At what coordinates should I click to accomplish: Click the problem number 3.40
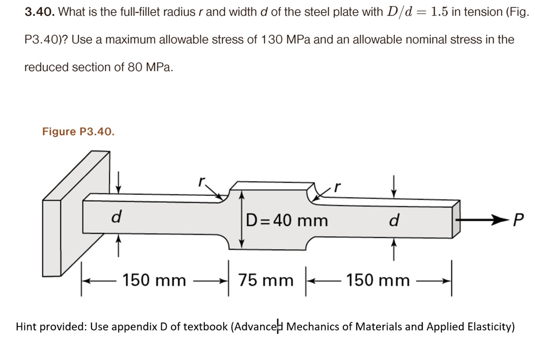pyautogui.click(x=40, y=12)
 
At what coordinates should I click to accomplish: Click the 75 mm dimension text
pyautogui.click(x=266, y=281)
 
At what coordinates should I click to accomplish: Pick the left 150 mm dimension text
pyautogui.click(x=154, y=281)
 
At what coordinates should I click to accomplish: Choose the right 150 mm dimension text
pyautogui.click(x=378, y=281)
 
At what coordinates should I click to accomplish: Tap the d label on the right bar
pyautogui.click(x=394, y=221)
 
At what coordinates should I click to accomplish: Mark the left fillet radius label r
pyautogui.click(x=201, y=182)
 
